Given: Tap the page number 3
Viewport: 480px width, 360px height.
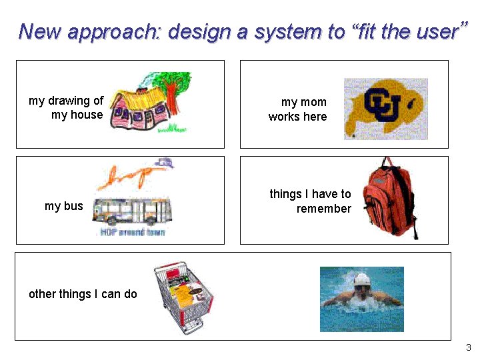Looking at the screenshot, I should [x=468, y=348].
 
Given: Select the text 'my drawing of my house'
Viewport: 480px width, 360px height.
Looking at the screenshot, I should [x=66, y=107].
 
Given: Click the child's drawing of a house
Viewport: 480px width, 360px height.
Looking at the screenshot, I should [x=143, y=107].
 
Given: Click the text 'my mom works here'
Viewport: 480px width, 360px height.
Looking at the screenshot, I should [x=297, y=109].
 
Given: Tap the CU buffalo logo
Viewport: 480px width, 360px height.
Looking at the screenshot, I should [x=385, y=109].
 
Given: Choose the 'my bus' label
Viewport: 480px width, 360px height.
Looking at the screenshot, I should [x=63, y=206].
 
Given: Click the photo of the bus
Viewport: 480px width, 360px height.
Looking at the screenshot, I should [x=132, y=212].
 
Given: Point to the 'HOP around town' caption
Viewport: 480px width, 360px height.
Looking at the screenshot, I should [x=132, y=232].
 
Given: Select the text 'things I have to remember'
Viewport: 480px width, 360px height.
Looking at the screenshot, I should [x=310, y=201].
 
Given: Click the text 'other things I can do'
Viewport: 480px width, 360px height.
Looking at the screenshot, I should [x=83, y=294].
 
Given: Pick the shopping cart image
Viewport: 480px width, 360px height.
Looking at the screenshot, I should [x=183, y=297].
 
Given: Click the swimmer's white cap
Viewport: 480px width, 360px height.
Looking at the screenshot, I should [x=361, y=279].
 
